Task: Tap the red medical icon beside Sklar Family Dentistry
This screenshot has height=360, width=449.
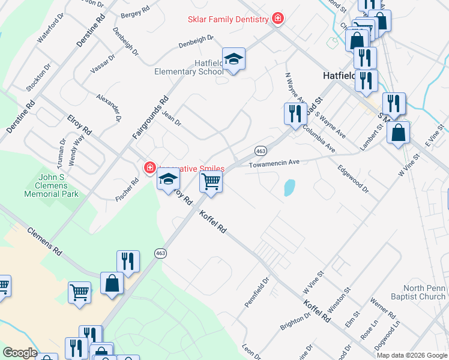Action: [277, 19]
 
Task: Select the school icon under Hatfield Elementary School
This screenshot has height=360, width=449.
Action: [234, 59]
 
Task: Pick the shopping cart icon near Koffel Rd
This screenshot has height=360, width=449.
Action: [211, 181]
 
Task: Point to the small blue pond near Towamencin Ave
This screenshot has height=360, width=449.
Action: [289, 188]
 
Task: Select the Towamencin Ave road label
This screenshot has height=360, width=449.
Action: [274, 163]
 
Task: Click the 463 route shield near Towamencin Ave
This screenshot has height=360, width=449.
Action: [261, 150]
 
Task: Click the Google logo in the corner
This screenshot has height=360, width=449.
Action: [20, 353]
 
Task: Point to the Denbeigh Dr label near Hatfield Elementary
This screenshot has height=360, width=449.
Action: [196, 41]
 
